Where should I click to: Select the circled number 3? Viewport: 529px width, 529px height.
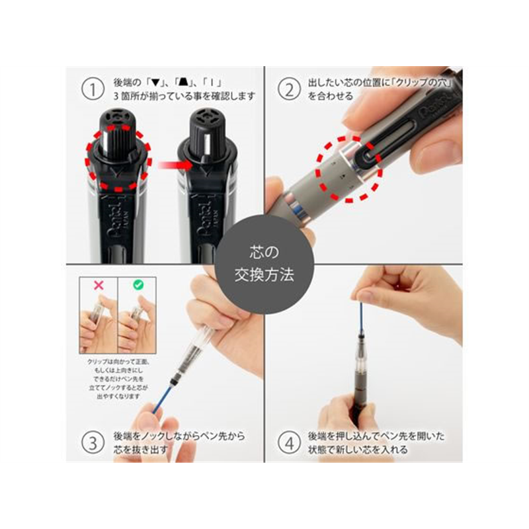click(94, 440)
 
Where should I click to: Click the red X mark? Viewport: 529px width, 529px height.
click(98, 286)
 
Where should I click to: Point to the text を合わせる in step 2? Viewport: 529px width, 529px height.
click(330, 97)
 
